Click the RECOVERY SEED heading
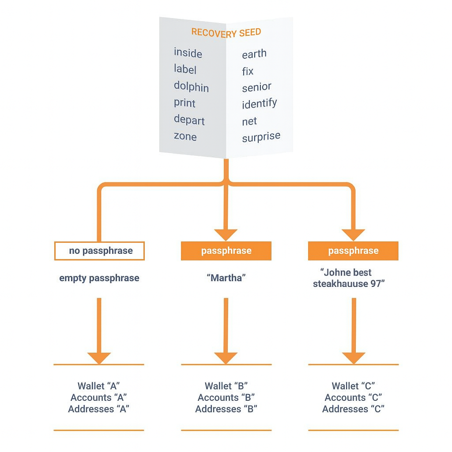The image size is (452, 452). [226, 33]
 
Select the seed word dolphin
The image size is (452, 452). [191, 87]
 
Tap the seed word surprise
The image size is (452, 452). [261, 137]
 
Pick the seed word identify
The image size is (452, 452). [260, 103]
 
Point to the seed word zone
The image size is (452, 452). [185, 136]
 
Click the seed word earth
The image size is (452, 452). [254, 54]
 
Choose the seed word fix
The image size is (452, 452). [248, 71]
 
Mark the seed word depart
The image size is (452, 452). [189, 120]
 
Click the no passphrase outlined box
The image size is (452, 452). [99, 251]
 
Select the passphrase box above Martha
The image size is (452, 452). [226, 251]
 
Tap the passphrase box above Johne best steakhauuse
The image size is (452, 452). [353, 251]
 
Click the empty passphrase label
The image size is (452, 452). [99, 278]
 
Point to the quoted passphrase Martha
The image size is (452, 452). [226, 278]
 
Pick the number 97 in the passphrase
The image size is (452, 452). [376, 284]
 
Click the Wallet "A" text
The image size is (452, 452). [98, 386]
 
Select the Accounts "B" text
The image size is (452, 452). [226, 398]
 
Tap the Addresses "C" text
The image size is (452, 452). [353, 409]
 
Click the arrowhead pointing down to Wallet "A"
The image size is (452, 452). [99, 358]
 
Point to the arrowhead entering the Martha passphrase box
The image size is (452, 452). [226, 235]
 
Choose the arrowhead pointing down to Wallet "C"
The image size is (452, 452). [354, 358]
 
